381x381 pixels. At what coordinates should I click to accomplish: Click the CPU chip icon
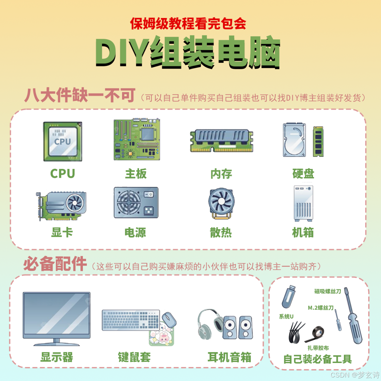pyautogui.click(x=63, y=142)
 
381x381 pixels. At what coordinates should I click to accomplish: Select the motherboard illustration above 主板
pyautogui.click(x=137, y=139)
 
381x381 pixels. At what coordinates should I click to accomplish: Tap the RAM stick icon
pyautogui.click(x=221, y=141)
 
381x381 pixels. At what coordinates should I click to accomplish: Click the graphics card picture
pyautogui.click(x=61, y=206)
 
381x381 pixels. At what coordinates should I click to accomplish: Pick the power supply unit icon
pyautogui.click(x=136, y=202)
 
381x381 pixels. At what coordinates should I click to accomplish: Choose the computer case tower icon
pyautogui.click(x=303, y=204)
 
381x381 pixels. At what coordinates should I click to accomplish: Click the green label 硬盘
pyautogui.click(x=303, y=174)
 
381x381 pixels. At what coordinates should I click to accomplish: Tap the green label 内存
pyautogui.click(x=221, y=174)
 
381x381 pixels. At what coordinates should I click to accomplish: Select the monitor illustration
pyautogui.click(x=56, y=319)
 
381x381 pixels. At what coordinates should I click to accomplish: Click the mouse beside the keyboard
pyautogui.click(x=169, y=319)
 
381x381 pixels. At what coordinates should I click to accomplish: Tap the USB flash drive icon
pyautogui.click(x=289, y=297)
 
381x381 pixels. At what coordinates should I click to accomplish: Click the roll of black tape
pyautogui.click(x=315, y=334)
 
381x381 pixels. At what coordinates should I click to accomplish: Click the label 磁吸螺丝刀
pyautogui.click(x=327, y=291)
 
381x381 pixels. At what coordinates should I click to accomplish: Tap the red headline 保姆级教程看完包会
pyautogui.click(x=188, y=24)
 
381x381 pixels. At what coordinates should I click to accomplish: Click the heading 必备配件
pyautogui.click(x=55, y=264)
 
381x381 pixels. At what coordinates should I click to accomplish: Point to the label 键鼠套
pyautogui.click(x=134, y=357)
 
